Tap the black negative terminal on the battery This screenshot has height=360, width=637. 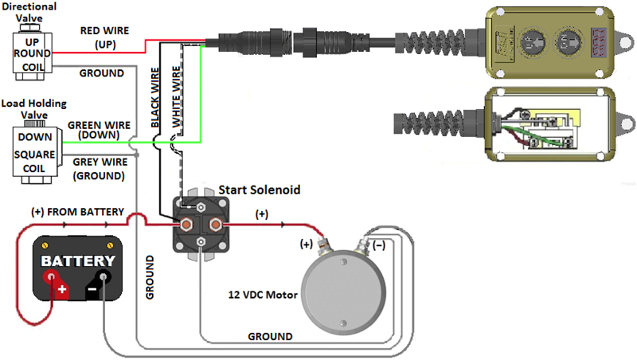(x=103, y=278)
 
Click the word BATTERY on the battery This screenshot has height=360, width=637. (x=79, y=260)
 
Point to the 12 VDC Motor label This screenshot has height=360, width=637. (x=261, y=295)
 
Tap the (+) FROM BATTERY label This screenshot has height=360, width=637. (x=77, y=212)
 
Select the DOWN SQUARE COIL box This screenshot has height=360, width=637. (x=35, y=151)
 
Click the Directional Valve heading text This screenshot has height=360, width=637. (x=29, y=12)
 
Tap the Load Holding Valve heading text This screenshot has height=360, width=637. (x=33, y=109)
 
